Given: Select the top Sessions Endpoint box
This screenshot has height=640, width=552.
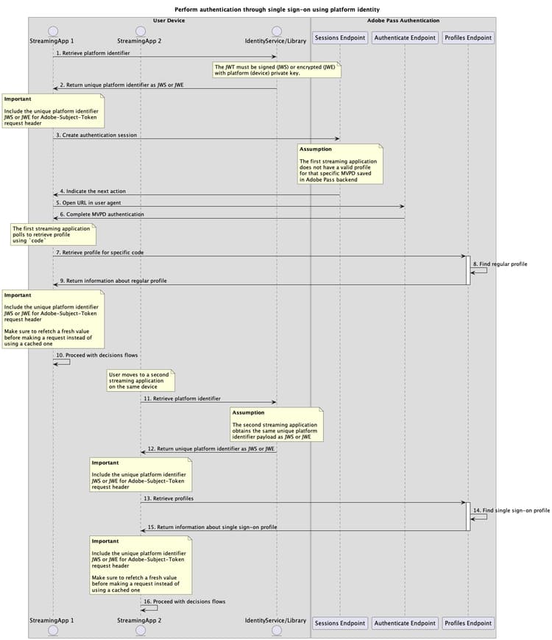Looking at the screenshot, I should coord(340,37).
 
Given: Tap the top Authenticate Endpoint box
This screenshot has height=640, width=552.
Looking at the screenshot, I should coord(404,37).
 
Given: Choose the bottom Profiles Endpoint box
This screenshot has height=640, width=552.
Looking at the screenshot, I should coord(468,623).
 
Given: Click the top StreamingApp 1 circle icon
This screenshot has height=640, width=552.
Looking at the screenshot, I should coord(53,30).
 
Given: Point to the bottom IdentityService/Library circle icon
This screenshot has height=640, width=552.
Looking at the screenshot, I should coord(276,630).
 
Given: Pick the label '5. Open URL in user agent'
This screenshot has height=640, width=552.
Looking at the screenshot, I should coord(91,202).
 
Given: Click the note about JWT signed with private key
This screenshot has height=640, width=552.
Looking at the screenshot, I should coord(276,70).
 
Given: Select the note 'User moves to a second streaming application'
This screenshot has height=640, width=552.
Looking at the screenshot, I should coord(139,380).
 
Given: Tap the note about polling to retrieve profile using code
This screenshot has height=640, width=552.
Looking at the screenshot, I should coord(52,234).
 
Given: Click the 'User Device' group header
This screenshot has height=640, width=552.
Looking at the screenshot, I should coord(169,21).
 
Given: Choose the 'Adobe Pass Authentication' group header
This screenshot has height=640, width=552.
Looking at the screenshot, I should coord(403,21).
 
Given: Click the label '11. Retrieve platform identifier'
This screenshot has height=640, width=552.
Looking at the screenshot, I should coord(182,398).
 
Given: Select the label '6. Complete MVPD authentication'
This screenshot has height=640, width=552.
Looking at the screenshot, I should coord(102,214).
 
